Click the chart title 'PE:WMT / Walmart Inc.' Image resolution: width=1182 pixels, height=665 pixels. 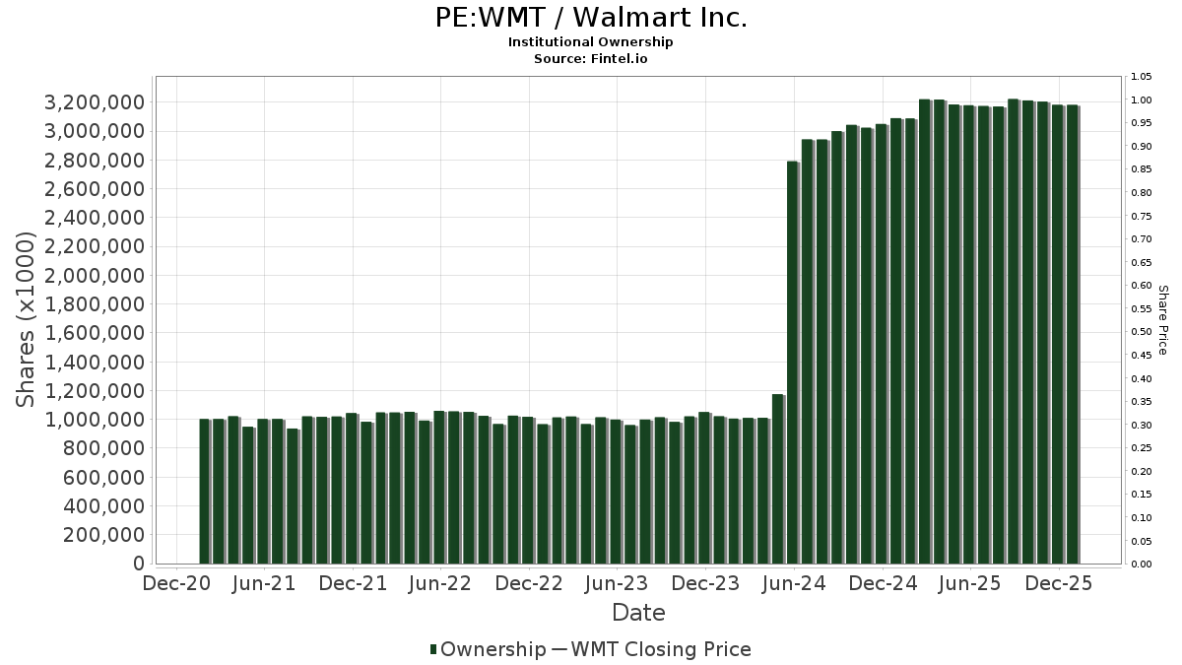pos(591,18)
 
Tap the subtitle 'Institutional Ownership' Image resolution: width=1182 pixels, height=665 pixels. pos(591,42)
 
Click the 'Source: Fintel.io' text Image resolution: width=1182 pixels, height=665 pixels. pos(591,58)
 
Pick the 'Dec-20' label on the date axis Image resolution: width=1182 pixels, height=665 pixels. pos(177,584)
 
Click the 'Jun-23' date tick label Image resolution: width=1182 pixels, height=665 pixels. pos(618,584)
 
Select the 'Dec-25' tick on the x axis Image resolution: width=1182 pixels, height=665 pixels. pos(1059,584)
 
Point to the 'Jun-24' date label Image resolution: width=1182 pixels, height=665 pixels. pos(794,584)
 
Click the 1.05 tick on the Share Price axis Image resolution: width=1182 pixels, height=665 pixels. pos(1142,77)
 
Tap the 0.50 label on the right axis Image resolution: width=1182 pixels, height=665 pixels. pos(1142,332)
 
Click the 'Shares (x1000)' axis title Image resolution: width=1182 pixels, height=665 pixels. pos(28,319)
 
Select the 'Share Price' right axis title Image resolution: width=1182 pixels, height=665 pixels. pos(1162,319)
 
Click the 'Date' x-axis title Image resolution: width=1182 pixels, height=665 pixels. pos(638,613)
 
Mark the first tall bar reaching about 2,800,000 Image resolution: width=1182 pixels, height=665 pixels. pos(793,363)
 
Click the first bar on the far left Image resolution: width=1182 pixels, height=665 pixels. pos(205,492)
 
